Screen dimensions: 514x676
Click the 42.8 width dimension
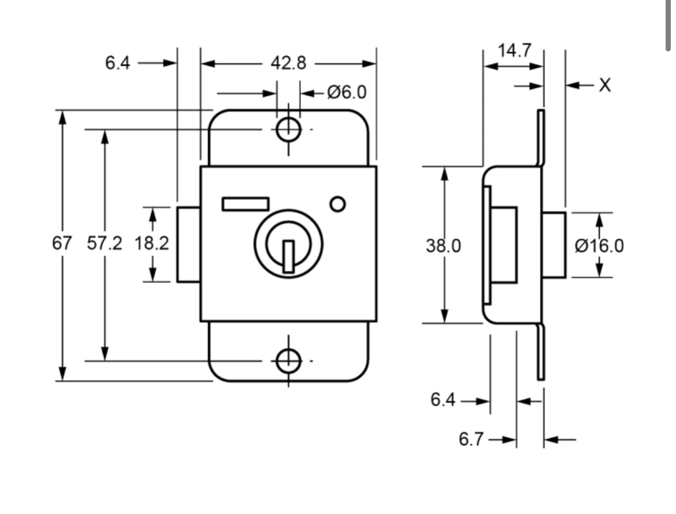(x=288, y=63)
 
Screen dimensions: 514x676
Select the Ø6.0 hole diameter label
(x=346, y=92)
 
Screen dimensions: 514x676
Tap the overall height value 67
(x=62, y=244)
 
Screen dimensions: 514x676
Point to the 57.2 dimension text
(x=105, y=244)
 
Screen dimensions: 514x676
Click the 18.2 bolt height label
(x=152, y=244)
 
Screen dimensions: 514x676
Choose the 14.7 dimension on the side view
(x=514, y=51)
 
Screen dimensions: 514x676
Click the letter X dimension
(x=604, y=85)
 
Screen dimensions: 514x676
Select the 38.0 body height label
(x=444, y=245)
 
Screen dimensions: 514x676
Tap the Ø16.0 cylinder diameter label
(x=599, y=245)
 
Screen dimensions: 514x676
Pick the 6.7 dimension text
(x=471, y=439)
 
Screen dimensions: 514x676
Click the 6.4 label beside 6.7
(x=443, y=400)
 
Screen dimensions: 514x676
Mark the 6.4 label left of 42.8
(x=118, y=63)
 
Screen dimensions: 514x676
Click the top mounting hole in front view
(x=288, y=129)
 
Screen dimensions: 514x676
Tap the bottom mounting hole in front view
(x=288, y=361)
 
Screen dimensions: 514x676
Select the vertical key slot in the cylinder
(x=288, y=256)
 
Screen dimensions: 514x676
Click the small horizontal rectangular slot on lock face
(x=245, y=203)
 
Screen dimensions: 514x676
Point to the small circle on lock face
(x=337, y=204)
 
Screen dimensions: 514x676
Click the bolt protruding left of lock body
(x=188, y=244)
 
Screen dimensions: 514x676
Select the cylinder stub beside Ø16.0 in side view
(x=554, y=245)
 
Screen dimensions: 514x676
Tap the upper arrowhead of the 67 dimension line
(x=62, y=117)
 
